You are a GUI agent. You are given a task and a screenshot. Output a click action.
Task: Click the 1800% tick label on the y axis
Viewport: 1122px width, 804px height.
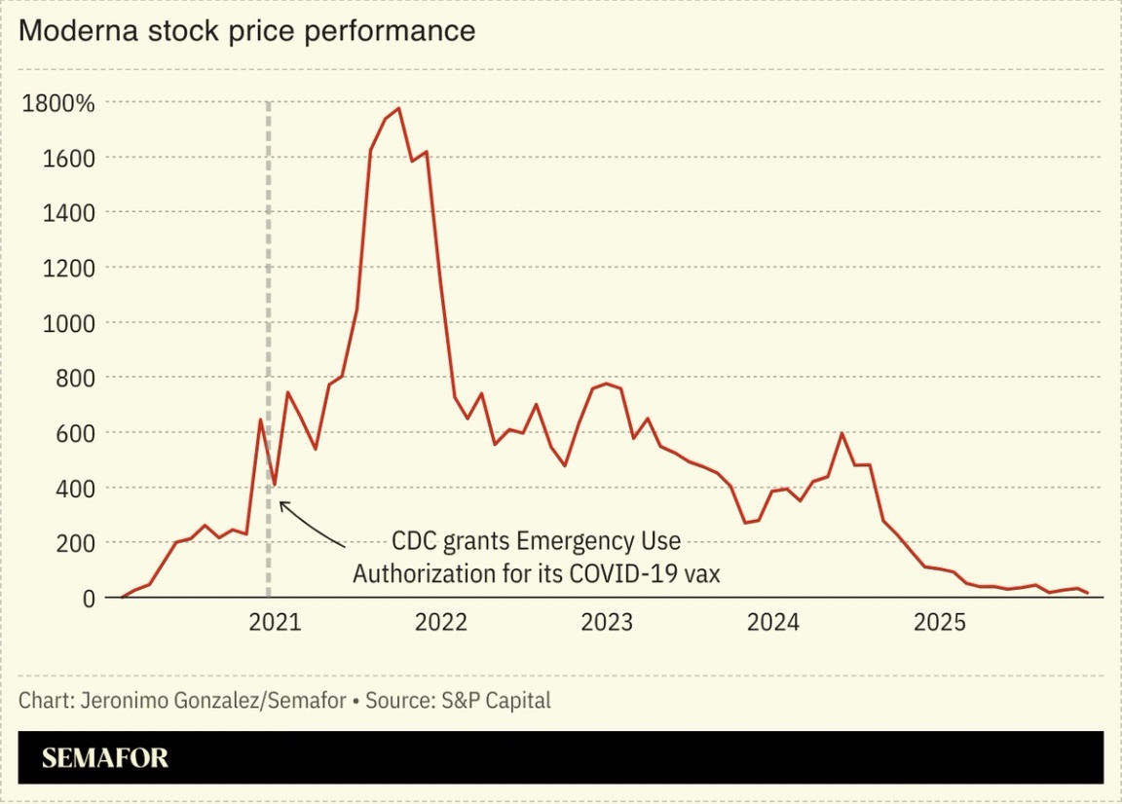point(57,103)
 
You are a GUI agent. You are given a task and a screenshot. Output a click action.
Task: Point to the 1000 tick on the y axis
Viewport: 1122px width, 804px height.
point(68,323)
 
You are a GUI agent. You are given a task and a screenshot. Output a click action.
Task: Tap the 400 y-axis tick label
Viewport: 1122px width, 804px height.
point(74,488)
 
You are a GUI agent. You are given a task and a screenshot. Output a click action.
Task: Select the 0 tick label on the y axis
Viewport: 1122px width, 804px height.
point(88,598)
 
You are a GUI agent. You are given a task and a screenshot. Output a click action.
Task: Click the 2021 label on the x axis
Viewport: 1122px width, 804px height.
point(275,622)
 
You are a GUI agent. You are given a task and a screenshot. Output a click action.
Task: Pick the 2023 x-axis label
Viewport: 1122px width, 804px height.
point(607,622)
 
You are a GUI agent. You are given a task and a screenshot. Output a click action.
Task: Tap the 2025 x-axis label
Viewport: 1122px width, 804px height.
point(939,622)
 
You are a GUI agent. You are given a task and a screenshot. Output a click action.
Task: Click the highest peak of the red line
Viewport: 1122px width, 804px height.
point(399,108)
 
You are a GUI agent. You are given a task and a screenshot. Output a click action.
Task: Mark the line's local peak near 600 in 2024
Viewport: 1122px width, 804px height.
point(841,433)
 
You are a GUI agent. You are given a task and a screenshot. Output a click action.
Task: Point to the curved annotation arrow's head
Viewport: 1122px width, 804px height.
point(281,503)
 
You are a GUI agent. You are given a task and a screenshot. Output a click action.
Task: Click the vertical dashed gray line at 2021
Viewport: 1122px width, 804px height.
point(269,292)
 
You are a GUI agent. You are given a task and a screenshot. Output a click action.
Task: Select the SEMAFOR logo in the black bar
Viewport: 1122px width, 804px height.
point(105,757)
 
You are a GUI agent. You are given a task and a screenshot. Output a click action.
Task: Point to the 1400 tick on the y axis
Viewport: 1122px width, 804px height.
point(68,213)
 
